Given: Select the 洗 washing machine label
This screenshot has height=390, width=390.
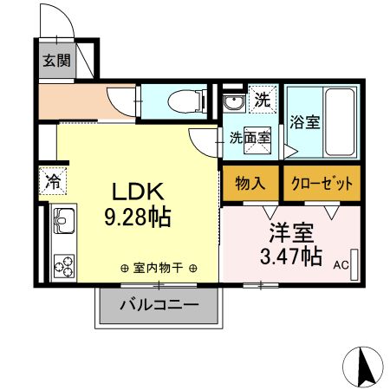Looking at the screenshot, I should coord(263,100).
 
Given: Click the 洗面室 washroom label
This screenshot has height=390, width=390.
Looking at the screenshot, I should coord(250,137).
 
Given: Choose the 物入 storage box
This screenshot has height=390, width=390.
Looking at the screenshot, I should coord(250,183).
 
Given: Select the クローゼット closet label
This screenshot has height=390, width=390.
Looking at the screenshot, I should coord(322,183).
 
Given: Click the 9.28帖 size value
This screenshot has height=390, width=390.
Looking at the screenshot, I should coord(137,216).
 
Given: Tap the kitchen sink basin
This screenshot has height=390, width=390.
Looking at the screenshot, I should coord(64,228).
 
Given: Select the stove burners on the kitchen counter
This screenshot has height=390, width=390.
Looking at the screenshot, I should coord(64,261).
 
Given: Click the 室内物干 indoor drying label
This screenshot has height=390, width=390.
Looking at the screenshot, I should coord(158,269).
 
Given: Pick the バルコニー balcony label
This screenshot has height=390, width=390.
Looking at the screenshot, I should coord(158,304).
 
